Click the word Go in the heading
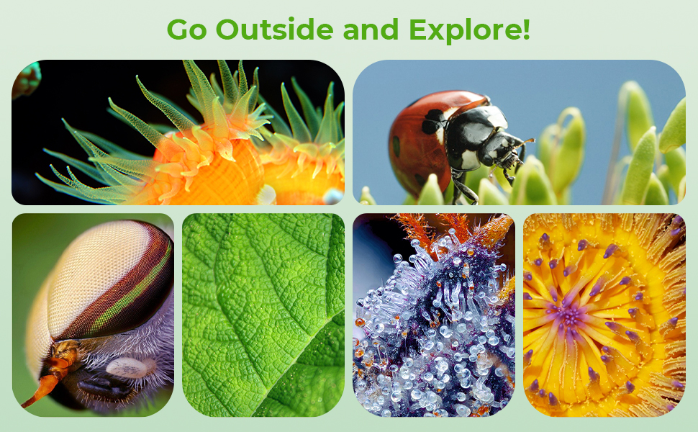pyautogui.click(x=186, y=30)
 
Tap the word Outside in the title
pyautogui.click(x=274, y=30)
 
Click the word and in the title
pyautogui.click(x=371, y=30)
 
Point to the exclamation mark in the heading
pyautogui.click(x=526, y=30)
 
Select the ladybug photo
pyautogui.click(x=519, y=132)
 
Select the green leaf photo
pyautogui.click(x=263, y=315)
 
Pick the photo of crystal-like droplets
pyautogui.click(x=434, y=315)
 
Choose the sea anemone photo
pyautogui.click(x=178, y=132)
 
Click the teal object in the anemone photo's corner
pyautogui.click(x=26, y=79)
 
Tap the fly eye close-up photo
pyautogui.click(x=93, y=315)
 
